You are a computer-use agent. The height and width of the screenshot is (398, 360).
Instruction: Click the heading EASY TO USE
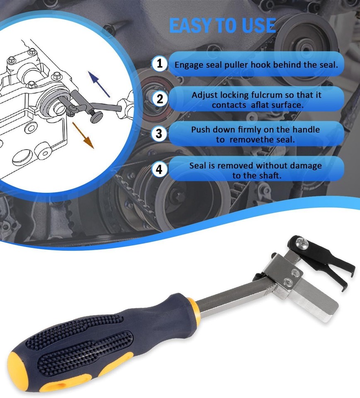(222, 26)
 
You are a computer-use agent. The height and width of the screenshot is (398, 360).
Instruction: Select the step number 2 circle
(160, 99)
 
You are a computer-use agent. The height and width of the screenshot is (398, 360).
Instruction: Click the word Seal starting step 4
(197, 165)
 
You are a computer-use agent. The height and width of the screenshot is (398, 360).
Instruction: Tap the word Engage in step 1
(187, 65)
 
